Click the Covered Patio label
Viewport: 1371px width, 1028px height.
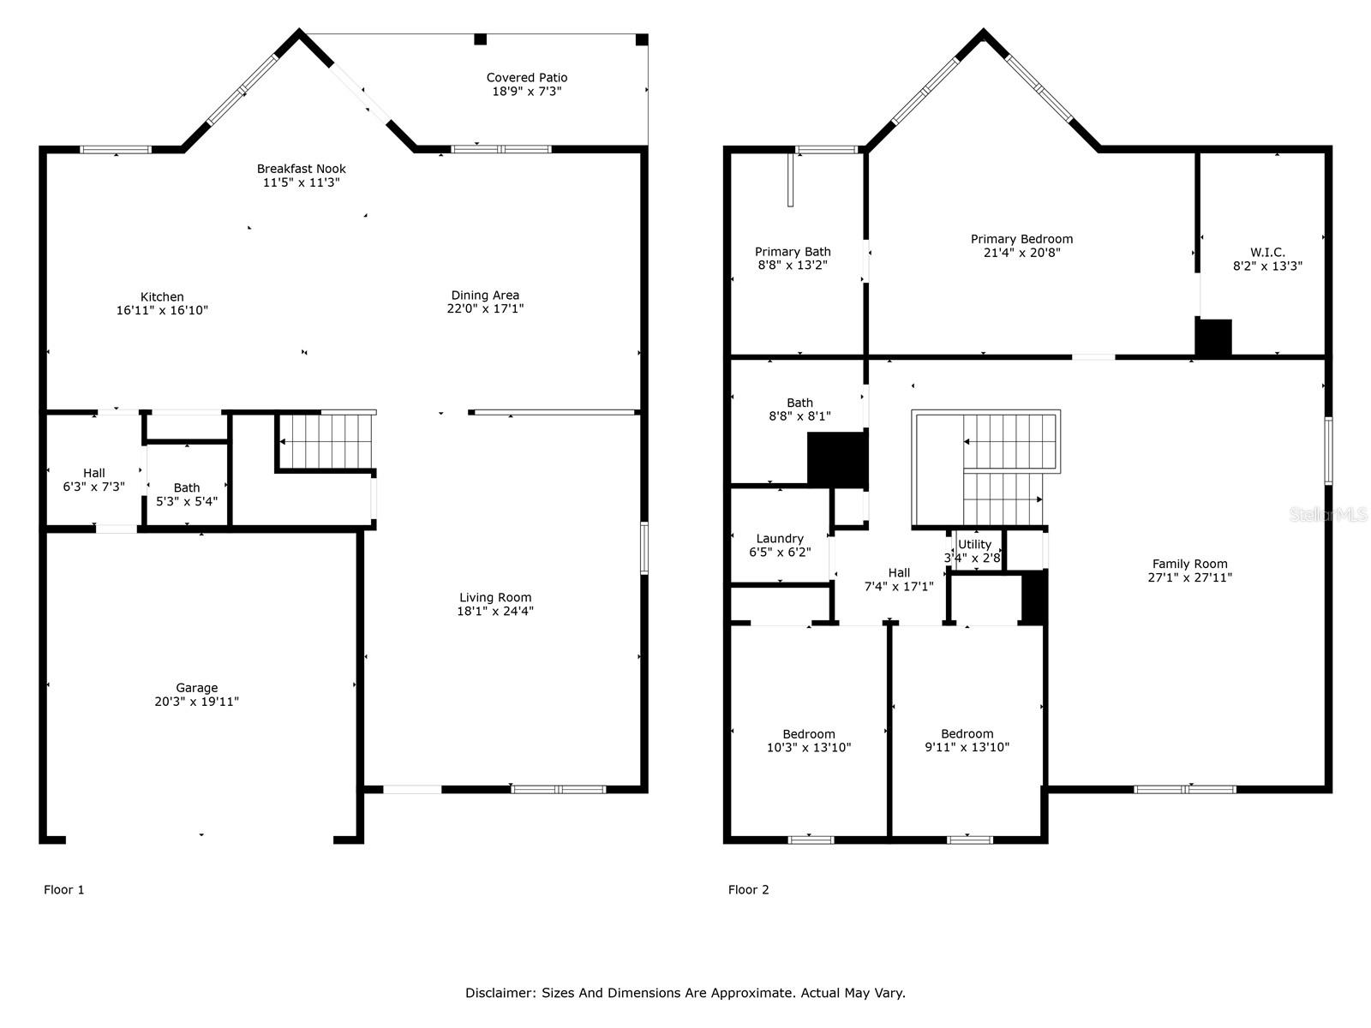(x=527, y=78)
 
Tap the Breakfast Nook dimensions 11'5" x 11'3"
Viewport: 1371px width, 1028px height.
(x=301, y=182)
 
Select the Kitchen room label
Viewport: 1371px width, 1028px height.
(x=162, y=297)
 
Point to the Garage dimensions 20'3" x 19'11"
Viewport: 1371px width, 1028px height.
(x=196, y=702)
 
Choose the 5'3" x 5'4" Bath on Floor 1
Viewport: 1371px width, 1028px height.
(x=187, y=494)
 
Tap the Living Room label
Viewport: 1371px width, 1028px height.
(x=495, y=598)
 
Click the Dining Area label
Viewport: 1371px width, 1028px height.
(x=485, y=296)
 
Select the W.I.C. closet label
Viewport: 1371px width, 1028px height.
(x=1267, y=253)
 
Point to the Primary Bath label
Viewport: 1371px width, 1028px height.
(x=793, y=252)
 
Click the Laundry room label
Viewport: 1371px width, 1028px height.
(x=780, y=539)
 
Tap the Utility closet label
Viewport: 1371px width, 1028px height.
(x=974, y=545)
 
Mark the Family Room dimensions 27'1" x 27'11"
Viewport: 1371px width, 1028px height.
(x=1189, y=577)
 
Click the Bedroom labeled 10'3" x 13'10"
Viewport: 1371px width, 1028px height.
(x=809, y=740)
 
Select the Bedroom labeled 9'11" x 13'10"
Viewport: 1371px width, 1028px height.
(x=967, y=740)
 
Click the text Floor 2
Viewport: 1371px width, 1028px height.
(x=748, y=889)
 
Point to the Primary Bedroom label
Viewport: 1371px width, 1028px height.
(x=1021, y=239)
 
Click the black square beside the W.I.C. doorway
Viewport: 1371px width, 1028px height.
(x=1213, y=337)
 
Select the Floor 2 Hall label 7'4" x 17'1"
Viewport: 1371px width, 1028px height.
(x=899, y=579)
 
